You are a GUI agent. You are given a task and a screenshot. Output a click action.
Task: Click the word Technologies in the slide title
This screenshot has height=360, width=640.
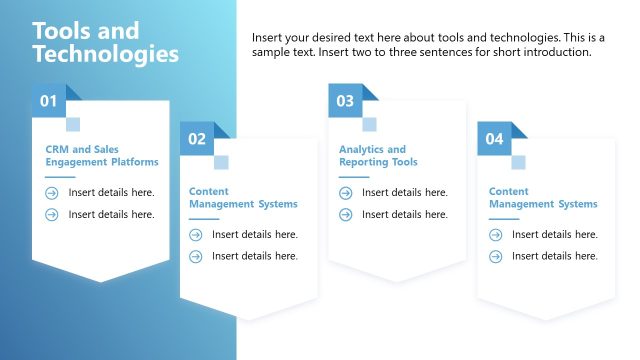click(106, 54)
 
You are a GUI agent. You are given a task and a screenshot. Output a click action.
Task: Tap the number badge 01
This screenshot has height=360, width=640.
click(48, 100)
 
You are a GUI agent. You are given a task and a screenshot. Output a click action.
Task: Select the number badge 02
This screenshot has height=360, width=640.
click(197, 139)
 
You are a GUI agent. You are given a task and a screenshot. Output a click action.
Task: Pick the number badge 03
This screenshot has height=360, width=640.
click(345, 100)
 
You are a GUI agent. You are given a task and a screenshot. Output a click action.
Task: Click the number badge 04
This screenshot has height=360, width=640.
click(494, 139)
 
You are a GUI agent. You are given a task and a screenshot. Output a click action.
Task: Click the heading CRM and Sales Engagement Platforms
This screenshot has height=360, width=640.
click(101, 155)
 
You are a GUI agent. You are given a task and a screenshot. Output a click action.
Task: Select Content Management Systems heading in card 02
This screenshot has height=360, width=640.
click(243, 197)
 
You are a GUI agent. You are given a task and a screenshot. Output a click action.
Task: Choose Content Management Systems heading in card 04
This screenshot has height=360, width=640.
click(543, 197)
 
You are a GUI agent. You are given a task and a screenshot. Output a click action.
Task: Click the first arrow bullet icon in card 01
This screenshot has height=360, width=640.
click(52, 192)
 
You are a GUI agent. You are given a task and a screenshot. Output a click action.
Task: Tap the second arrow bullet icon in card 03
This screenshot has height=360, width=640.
click(346, 214)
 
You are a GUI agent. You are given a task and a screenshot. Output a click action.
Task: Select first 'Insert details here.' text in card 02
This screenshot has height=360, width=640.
click(254, 235)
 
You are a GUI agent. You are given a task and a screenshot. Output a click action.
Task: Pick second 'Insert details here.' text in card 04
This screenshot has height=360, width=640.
click(554, 256)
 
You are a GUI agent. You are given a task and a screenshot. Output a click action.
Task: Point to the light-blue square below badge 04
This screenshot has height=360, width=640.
click(518, 162)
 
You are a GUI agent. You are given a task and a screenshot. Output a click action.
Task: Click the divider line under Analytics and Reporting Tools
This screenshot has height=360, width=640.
click(354, 177)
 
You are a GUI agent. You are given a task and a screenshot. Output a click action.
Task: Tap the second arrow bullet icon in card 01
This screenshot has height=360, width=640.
click(52, 214)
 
